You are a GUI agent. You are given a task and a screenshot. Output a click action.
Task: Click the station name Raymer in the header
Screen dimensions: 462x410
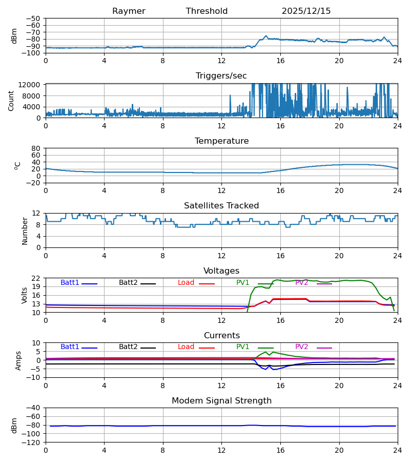[x=129, y=11]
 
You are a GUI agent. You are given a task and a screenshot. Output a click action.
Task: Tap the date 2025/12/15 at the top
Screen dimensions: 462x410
[x=306, y=11]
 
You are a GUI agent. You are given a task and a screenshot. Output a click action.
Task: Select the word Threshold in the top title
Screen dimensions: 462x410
[x=207, y=11]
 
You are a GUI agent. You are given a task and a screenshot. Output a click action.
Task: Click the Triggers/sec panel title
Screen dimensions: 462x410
[x=221, y=76]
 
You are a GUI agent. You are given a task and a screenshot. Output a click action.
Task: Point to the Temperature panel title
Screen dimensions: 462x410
[x=221, y=141]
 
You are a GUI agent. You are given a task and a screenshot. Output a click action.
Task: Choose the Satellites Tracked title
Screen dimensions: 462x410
[x=221, y=206]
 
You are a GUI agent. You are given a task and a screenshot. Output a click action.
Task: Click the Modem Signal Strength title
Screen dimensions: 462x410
[x=221, y=401]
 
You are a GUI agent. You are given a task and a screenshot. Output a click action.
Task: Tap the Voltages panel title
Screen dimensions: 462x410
[x=221, y=271]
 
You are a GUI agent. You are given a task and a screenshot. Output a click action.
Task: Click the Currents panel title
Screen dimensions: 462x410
[x=221, y=336]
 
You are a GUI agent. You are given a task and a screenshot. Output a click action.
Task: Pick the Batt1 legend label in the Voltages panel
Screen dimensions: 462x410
[x=70, y=283]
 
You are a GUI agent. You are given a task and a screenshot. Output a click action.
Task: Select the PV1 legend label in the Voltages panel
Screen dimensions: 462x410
[x=242, y=283]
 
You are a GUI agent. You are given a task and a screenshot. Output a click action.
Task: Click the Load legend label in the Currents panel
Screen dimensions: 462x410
[x=186, y=347]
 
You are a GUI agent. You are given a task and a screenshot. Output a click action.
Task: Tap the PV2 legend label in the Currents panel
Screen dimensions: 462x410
[x=301, y=347]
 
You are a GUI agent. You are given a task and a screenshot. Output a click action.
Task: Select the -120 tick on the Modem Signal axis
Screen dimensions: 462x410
[x=32, y=442]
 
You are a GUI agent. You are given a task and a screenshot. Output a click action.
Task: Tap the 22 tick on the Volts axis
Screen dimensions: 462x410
[x=36, y=278]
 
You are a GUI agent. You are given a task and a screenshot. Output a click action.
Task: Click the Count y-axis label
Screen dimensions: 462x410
[x=11, y=101]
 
